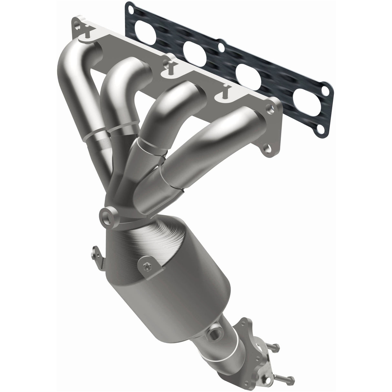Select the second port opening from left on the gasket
(195, 51)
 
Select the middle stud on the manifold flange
(169, 66)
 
